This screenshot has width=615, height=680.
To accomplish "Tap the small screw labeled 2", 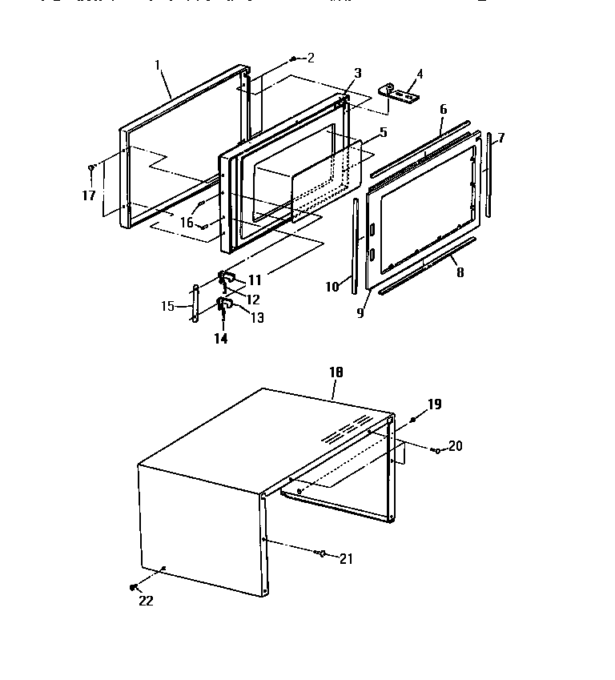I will pyautogui.click(x=295, y=58).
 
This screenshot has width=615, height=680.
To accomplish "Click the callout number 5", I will pyautogui.click(x=383, y=132).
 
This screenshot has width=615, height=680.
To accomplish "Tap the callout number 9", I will pyautogui.click(x=360, y=313).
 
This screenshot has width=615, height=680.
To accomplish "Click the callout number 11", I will pyautogui.click(x=255, y=280).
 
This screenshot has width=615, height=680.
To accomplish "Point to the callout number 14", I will pyautogui.click(x=220, y=339).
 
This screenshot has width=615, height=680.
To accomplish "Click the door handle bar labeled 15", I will pyautogui.click(x=193, y=304).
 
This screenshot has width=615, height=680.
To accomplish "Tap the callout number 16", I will pyautogui.click(x=187, y=223).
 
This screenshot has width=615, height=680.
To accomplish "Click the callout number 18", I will pyautogui.click(x=336, y=373).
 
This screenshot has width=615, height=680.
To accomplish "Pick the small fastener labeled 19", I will pyautogui.click(x=413, y=419).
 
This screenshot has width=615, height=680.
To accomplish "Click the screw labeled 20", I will pyautogui.click(x=435, y=451).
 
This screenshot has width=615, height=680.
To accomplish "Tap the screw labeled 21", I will pyautogui.click(x=321, y=553).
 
